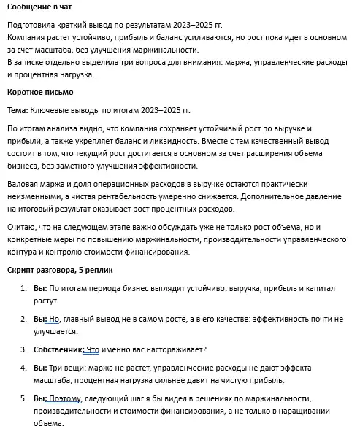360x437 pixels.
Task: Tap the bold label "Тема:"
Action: click(20, 110)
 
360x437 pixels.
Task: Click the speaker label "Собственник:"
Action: click(59, 349)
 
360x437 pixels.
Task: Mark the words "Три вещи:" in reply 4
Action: click(70, 368)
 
